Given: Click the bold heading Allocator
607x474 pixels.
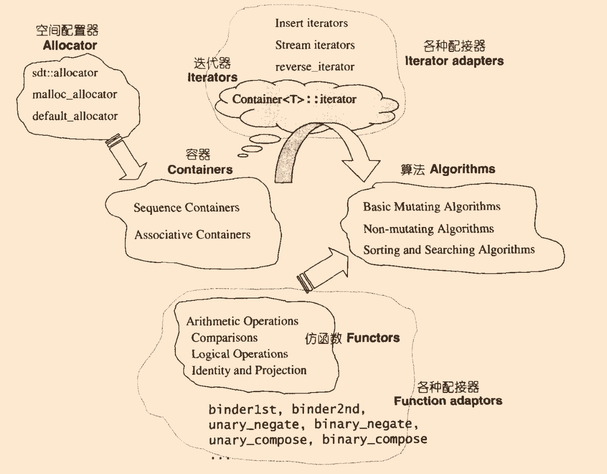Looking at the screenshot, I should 70,45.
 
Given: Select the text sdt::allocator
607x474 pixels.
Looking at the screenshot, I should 65,73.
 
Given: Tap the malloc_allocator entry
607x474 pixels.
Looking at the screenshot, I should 75,95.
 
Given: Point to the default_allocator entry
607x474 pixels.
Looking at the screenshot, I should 75,116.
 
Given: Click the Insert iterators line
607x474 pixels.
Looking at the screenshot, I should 311,23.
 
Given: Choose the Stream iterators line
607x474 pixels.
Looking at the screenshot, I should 315,45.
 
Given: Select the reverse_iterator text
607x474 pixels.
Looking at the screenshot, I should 315,67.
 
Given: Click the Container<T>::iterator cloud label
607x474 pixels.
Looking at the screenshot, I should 294,99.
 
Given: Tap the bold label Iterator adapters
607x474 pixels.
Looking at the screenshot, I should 454,61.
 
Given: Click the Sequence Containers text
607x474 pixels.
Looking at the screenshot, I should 186,207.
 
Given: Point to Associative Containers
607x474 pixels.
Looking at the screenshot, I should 192,234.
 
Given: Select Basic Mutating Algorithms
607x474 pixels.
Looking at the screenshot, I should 431,206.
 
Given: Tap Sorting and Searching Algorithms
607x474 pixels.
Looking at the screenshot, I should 448,250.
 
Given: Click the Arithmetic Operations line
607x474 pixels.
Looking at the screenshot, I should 242,321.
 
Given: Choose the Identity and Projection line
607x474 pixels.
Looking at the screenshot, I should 249,370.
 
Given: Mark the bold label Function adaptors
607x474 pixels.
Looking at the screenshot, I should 448,401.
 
